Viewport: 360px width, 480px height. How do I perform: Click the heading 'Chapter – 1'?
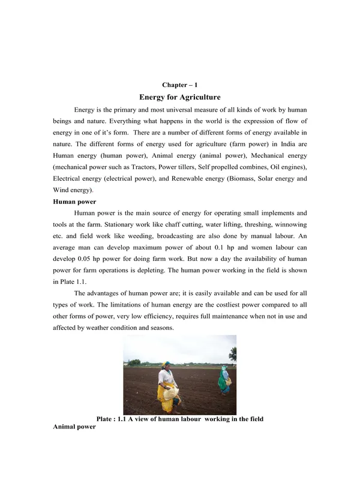(x=180, y=85)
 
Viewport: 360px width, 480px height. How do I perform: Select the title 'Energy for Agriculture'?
(x=180, y=97)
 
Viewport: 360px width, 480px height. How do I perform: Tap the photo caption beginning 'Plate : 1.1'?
(x=180, y=418)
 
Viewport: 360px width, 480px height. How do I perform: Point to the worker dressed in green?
(x=224, y=380)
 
